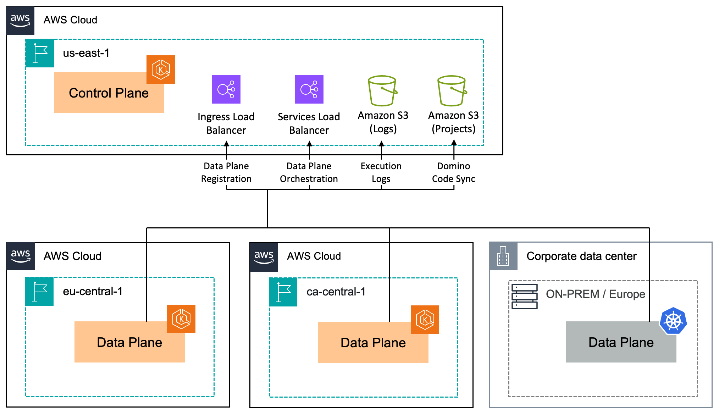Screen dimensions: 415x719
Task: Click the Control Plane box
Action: pyautogui.click(x=109, y=93)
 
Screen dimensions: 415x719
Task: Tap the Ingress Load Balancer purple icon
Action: pyautogui.click(x=226, y=89)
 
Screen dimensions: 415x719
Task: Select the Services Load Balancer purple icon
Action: pyautogui.click(x=309, y=89)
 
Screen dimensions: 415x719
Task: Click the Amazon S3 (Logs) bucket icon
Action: pyautogui.click(x=382, y=91)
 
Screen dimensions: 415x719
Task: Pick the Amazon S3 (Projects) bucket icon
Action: pyautogui.click(x=452, y=91)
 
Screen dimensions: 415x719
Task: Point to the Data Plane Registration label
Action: pyautogui.click(x=226, y=172)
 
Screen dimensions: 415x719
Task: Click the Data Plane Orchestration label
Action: pyautogui.click(x=309, y=172)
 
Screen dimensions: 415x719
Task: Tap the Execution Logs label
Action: pyautogui.click(x=381, y=172)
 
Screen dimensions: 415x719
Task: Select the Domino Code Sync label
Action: pyautogui.click(x=453, y=172)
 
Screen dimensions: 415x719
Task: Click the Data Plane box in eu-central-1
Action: pyautogui.click(x=129, y=342)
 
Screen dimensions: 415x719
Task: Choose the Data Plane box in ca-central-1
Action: pyautogui.click(x=373, y=343)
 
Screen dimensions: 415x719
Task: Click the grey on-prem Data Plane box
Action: pyautogui.click(x=621, y=342)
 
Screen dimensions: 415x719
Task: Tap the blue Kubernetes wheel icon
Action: pyautogui.click(x=673, y=321)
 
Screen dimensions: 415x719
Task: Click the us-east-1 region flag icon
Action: pyautogui.click(x=40, y=53)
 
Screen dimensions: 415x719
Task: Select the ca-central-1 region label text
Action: pyautogui.click(x=336, y=292)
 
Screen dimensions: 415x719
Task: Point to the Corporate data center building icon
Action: pyautogui.click(x=503, y=256)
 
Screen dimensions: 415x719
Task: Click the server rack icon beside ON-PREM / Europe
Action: pyautogui.click(x=524, y=297)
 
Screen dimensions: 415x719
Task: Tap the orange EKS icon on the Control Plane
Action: pyautogui.click(x=161, y=70)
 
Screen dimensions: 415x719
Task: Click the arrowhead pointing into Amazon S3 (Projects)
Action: pyautogui.click(x=454, y=143)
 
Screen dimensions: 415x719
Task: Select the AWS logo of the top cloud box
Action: pyautogui.click(x=20, y=20)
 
